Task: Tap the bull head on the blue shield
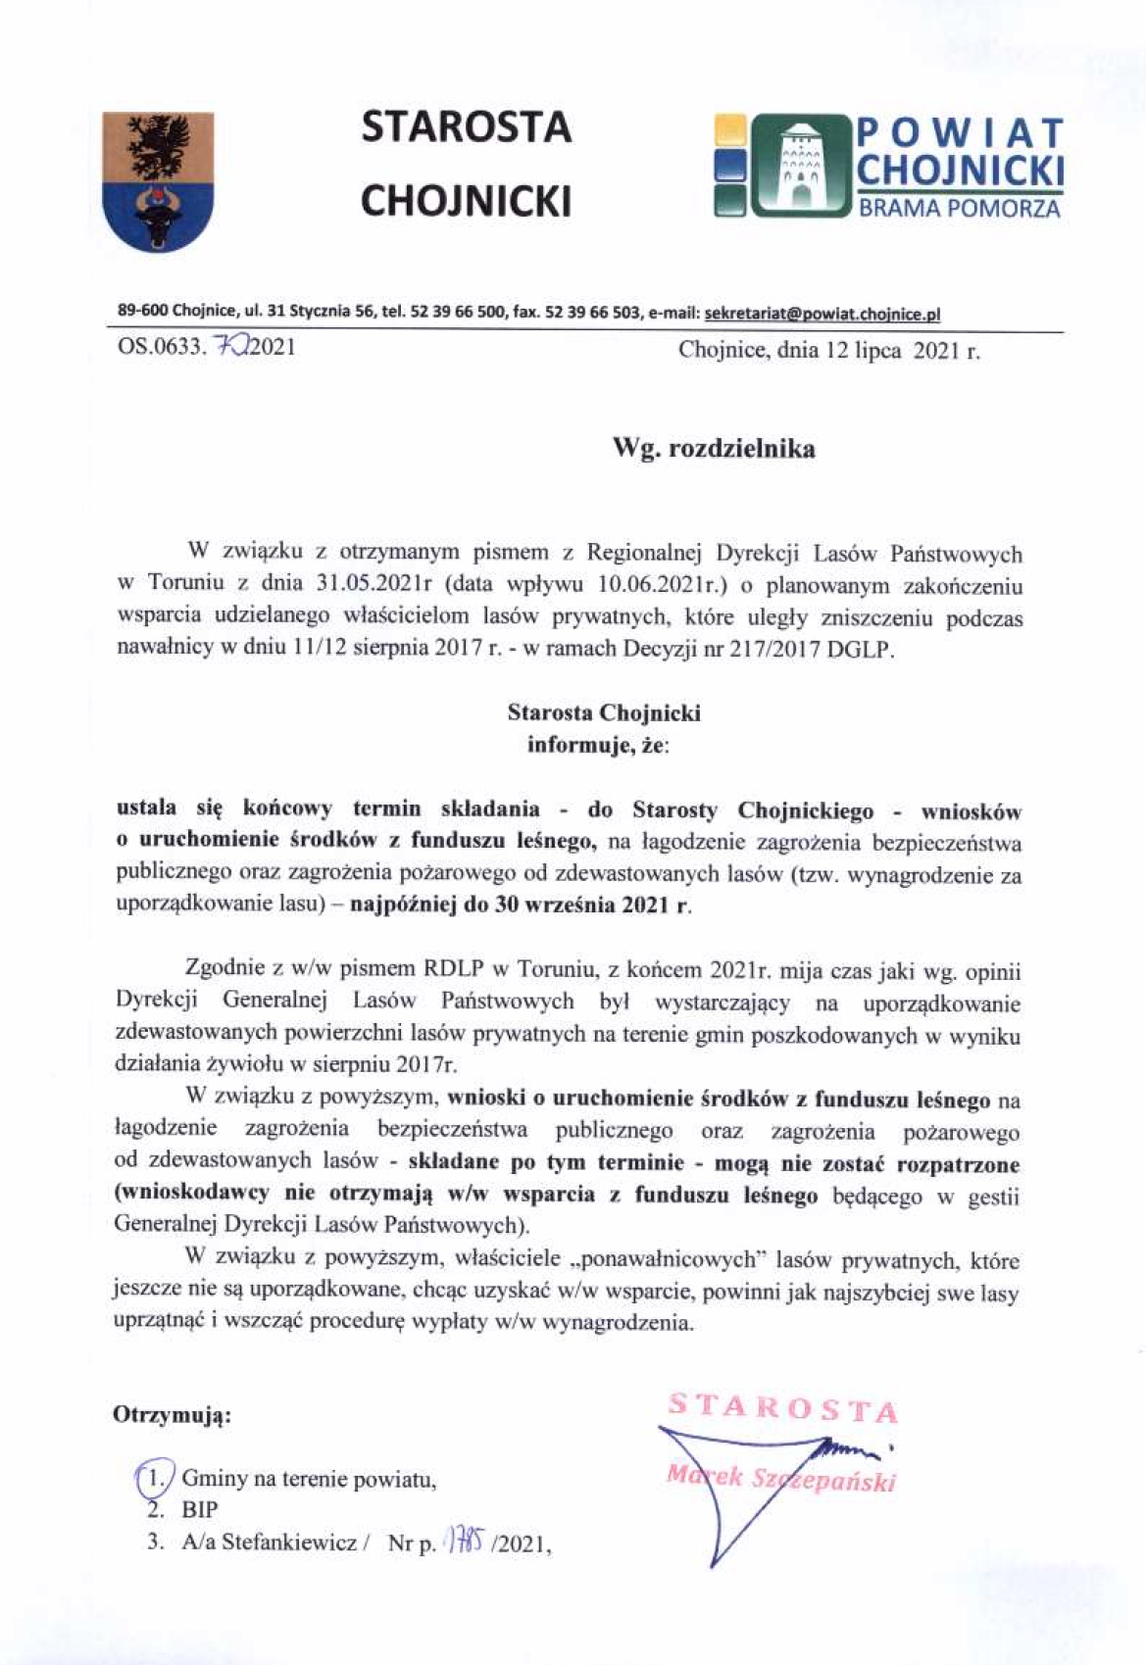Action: [x=158, y=217]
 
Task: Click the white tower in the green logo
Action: [x=801, y=164]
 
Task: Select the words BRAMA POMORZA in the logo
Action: [x=960, y=209]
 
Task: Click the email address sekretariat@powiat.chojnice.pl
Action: [x=822, y=314]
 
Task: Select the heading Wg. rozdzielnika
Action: [x=714, y=449]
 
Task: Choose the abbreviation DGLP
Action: [x=861, y=649]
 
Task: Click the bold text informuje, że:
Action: [x=598, y=745]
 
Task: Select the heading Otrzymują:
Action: [x=172, y=1416]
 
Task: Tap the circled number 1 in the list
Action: [x=153, y=1477]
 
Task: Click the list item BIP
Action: [x=199, y=1509]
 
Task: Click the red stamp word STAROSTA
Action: [x=782, y=1407]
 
